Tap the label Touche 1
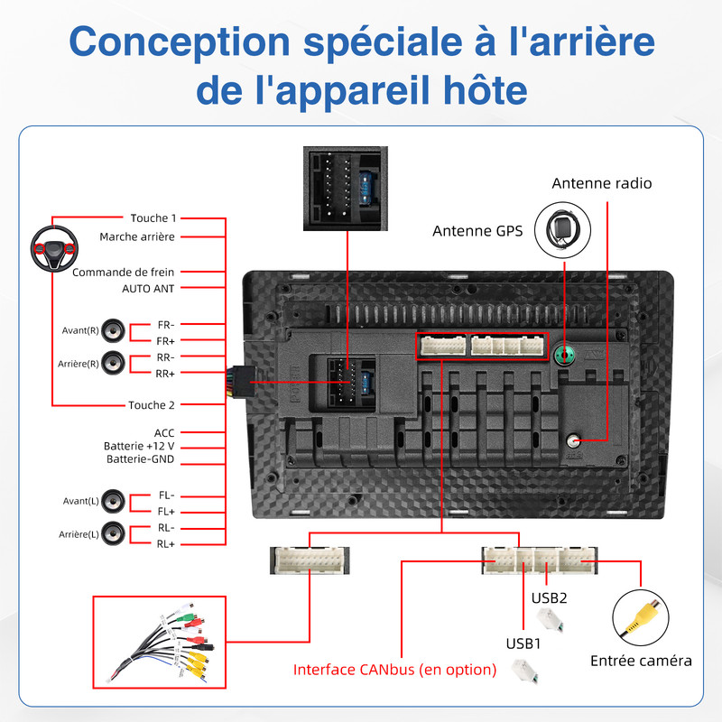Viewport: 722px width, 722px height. point(153,218)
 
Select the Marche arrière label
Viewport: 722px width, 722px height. point(137,236)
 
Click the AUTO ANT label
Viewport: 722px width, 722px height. point(148,289)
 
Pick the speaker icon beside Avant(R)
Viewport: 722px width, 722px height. point(113,330)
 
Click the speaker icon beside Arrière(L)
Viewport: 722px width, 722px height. point(113,534)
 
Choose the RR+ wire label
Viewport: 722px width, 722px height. point(165,374)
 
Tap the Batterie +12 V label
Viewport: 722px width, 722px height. point(138,446)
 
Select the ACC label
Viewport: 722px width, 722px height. point(164,432)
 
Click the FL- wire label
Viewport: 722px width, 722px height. point(166,495)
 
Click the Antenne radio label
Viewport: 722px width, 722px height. point(602,183)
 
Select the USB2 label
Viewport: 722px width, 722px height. point(549,597)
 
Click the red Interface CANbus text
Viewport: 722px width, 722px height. point(395,670)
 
